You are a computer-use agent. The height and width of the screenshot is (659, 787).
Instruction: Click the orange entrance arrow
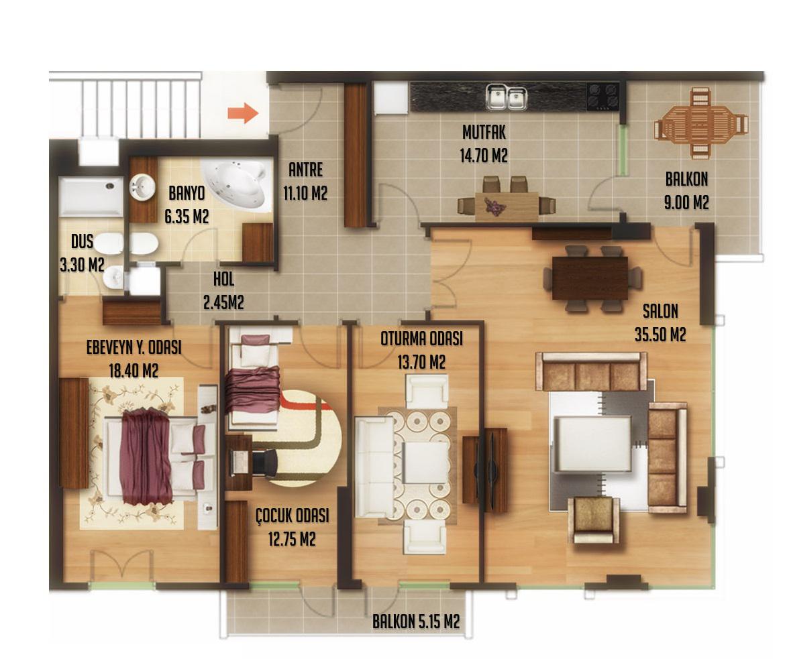(243, 113)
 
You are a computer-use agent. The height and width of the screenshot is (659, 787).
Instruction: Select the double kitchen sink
(506, 97)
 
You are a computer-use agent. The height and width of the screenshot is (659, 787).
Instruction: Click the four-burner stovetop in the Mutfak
(603, 97)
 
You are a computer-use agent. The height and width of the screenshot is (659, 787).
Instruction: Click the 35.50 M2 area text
(660, 335)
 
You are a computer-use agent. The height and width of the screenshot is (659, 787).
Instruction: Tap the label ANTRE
(305, 170)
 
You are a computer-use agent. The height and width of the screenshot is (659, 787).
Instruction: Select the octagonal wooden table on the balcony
(700, 123)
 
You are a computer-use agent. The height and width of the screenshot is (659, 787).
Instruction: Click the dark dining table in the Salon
(590, 278)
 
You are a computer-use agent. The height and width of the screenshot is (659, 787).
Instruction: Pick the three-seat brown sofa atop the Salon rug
(591, 371)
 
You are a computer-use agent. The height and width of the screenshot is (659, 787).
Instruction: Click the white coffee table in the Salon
(592, 444)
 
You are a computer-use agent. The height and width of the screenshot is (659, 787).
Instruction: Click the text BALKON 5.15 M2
(415, 622)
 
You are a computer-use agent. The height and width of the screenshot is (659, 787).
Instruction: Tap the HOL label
(223, 280)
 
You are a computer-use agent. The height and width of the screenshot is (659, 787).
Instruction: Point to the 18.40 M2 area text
(134, 371)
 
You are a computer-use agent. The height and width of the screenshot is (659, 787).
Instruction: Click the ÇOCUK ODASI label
(292, 516)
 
